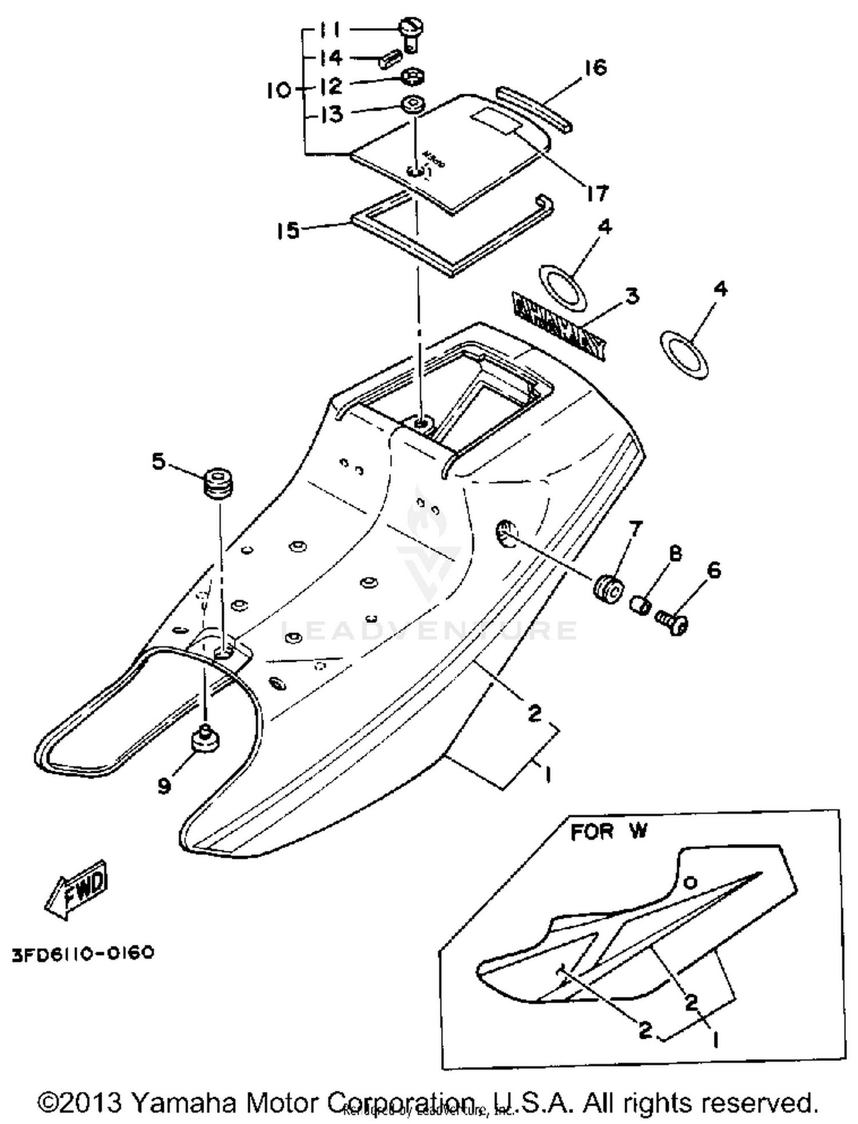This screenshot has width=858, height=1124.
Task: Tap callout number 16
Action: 595,67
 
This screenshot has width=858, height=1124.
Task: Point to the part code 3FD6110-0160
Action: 83,953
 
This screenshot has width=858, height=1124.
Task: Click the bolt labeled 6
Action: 672,622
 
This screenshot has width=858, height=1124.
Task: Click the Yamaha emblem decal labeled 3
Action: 559,327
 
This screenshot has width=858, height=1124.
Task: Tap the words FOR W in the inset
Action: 609,831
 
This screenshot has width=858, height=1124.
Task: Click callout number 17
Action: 597,193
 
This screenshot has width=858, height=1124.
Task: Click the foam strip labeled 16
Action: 533,108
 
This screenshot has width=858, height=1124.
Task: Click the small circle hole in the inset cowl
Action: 691,883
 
